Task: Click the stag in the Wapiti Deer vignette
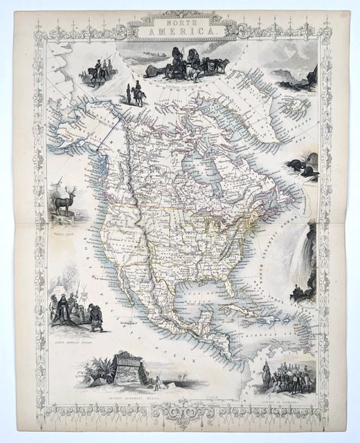coord(65,201)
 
